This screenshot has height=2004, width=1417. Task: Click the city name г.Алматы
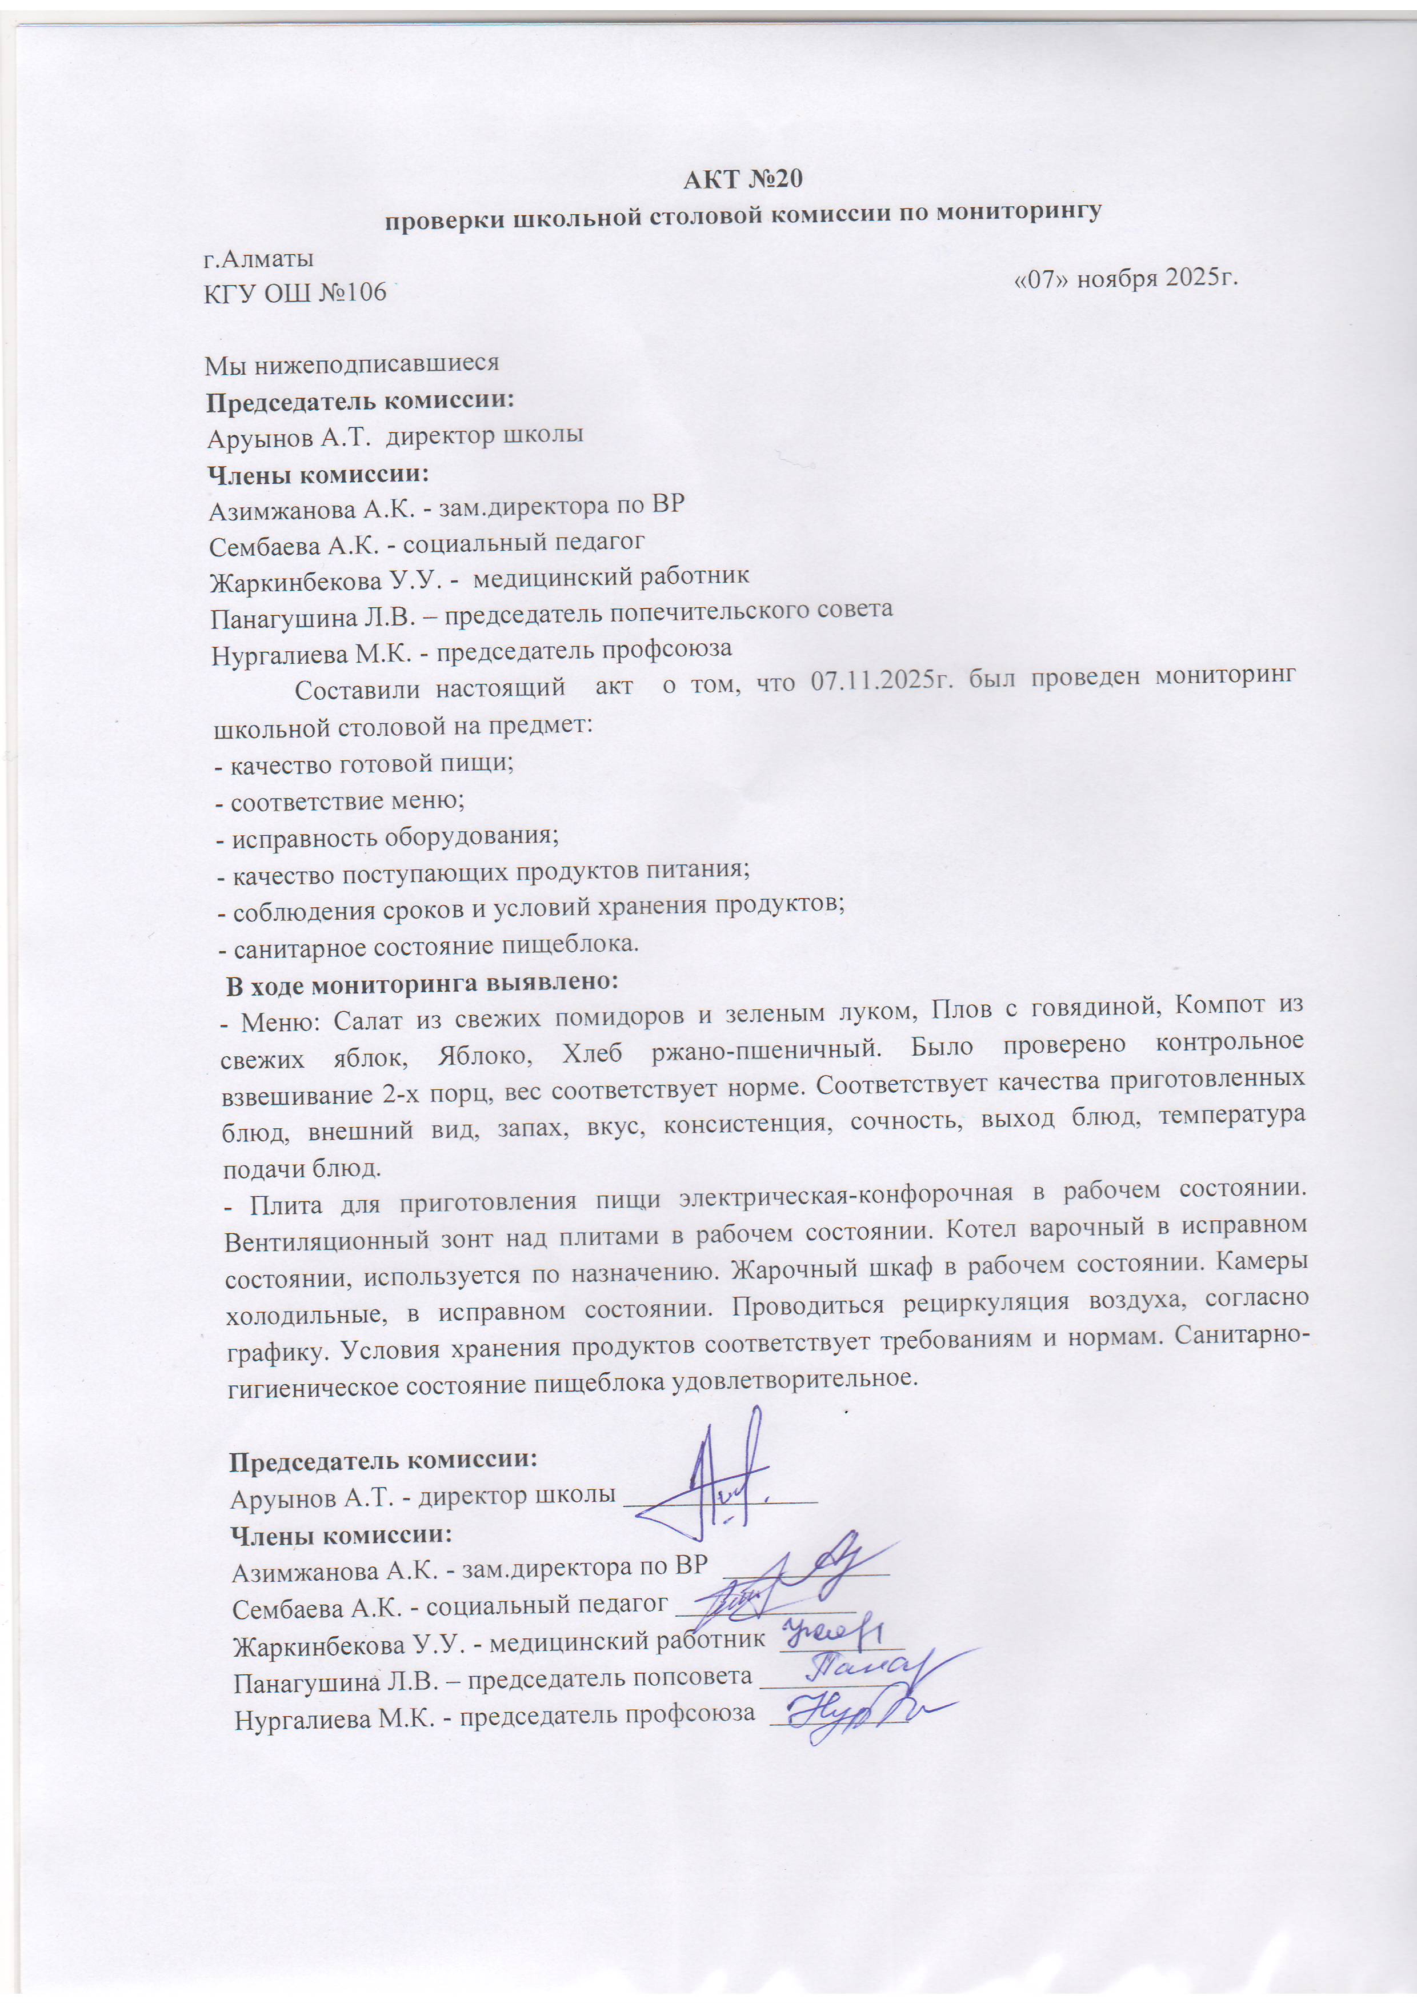[258, 259]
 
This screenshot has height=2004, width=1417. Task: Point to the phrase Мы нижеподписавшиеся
[352, 363]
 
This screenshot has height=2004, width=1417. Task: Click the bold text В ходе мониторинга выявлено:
[423, 983]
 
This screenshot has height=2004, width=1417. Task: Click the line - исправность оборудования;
[387, 837]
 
